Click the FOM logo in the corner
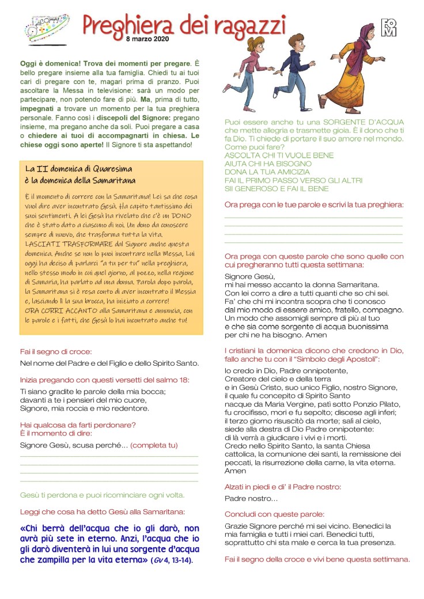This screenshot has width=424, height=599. (x=389, y=27)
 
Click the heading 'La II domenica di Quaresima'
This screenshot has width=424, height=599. (x=79, y=169)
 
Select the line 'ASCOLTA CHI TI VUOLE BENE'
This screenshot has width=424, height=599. (x=279, y=156)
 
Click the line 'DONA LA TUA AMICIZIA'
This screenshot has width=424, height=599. (x=268, y=172)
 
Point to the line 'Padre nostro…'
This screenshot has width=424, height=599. (x=251, y=498)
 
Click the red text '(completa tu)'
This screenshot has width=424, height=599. (x=154, y=445)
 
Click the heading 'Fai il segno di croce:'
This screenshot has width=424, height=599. (x=56, y=351)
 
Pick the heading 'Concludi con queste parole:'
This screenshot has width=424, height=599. (x=274, y=514)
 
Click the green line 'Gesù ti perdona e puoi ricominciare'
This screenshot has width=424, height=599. (x=102, y=495)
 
